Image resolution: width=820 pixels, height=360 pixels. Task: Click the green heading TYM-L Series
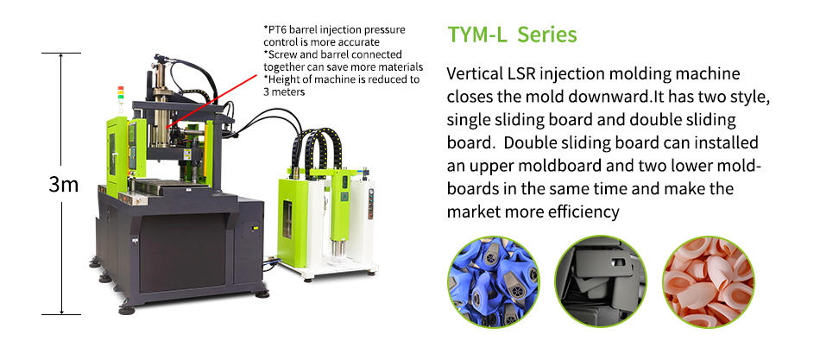point(512,35)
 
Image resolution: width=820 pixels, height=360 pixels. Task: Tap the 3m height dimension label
point(63,184)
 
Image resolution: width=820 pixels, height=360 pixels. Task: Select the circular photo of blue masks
point(493,281)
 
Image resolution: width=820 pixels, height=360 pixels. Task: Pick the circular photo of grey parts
point(601,281)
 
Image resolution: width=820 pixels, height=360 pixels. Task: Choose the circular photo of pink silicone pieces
point(709,281)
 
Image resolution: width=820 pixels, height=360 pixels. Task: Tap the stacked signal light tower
point(121,98)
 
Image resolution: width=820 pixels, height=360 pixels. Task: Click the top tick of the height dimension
point(61,53)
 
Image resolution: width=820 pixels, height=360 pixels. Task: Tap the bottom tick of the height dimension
point(61,314)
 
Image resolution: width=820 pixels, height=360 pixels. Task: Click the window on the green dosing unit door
point(287,220)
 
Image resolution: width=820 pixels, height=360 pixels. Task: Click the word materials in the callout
point(403,67)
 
